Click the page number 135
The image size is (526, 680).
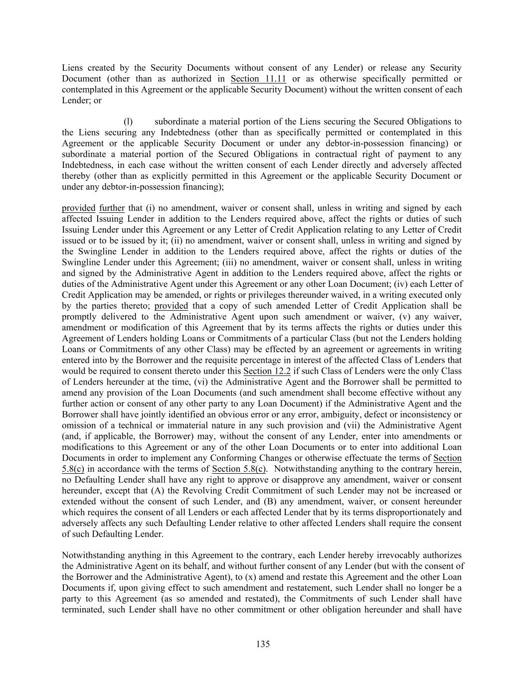click(263, 644)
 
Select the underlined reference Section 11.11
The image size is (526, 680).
click(258, 79)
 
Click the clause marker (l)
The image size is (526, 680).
click(128, 122)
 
